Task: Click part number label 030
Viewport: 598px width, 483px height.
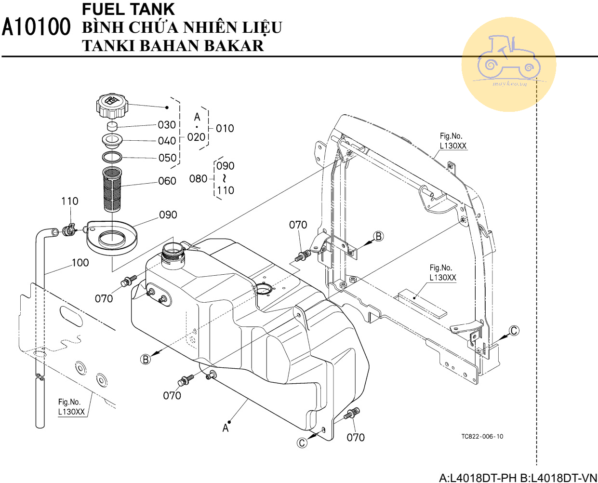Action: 167,125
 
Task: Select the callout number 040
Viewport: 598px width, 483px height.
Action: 167,141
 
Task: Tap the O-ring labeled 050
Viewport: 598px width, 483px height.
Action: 112,157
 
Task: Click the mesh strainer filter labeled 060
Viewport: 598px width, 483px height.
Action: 113,189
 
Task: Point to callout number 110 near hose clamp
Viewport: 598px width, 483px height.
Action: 69,201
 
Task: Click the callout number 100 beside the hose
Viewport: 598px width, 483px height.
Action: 80,263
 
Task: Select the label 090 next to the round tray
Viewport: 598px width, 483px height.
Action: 168,215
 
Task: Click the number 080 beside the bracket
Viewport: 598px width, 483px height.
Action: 198,179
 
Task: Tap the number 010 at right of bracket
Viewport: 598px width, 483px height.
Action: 225,128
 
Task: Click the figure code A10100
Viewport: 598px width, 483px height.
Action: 36,27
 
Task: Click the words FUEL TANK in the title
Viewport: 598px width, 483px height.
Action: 128,9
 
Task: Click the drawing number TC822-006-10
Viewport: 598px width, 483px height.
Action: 482,437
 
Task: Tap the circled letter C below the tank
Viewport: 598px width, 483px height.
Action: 302,443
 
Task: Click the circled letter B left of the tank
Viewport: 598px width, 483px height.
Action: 146,359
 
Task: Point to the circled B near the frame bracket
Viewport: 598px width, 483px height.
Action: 378,236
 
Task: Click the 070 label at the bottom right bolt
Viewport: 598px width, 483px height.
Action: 356,437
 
